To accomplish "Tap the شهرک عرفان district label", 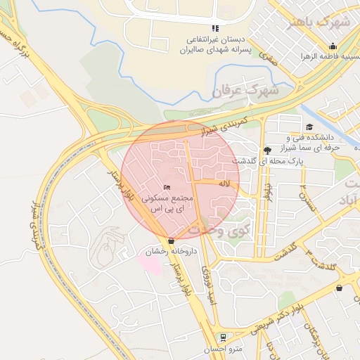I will (x=245, y=91).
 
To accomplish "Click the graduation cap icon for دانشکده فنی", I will (x=310, y=127).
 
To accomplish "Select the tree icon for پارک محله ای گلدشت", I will (x=267, y=150).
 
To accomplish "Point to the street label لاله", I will (x=225, y=184).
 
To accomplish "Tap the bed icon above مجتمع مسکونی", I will (x=167, y=187).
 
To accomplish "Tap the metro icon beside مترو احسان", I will (x=223, y=337).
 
